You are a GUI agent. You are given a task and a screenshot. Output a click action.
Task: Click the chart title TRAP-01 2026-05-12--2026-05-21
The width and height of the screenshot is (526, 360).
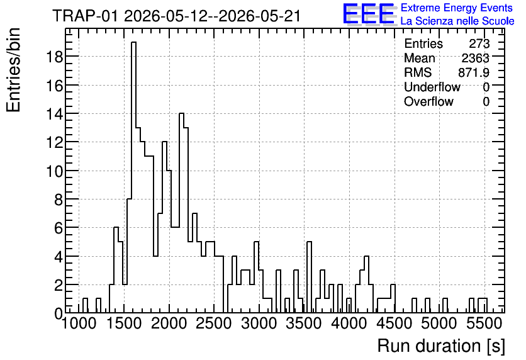click(x=176, y=16)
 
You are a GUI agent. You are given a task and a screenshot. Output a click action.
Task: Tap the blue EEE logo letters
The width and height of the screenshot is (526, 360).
click(x=369, y=14)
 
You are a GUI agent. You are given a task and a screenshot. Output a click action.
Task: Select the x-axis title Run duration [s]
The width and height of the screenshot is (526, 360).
click(x=441, y=346)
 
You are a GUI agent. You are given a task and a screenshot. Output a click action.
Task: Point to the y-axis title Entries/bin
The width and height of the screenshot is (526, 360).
click(x=13, y=70)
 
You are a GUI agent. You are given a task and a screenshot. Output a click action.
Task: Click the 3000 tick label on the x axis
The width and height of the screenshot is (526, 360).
click(x=259, y=323)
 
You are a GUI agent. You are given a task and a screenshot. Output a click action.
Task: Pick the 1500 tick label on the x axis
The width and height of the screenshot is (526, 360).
click(x=124, y=323)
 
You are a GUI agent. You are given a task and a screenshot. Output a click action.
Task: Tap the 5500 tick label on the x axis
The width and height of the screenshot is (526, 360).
click(x=483, y=323)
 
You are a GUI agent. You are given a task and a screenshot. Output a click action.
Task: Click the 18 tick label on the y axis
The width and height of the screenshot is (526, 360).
click(x=53, y=57)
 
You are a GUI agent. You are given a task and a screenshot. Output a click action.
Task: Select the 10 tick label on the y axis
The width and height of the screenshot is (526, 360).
click(x=53, y=171)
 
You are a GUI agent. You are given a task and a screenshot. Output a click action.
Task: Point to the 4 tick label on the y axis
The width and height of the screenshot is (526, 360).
click(x=59, y=256)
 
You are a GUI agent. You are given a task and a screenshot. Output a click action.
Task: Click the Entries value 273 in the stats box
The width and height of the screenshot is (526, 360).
click(x=479, y=43)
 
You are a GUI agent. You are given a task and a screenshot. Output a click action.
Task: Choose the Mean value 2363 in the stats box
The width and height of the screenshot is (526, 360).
click(x=475, y=58)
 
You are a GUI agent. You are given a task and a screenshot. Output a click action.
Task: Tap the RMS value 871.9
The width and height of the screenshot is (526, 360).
click(x=473, y=72)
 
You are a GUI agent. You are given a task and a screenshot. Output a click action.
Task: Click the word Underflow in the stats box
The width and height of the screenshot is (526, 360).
click(x=432, y=87)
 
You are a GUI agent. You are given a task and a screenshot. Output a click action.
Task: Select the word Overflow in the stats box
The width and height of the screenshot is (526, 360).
click(x=428, y=101)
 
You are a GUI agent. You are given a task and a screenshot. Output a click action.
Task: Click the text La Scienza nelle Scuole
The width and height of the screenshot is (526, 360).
click(x=457, y=21)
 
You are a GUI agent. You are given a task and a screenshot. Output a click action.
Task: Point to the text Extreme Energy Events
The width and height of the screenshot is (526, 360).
click(x=457, y=8)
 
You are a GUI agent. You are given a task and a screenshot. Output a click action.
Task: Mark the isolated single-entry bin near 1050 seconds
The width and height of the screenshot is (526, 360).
click(x=85, y=306)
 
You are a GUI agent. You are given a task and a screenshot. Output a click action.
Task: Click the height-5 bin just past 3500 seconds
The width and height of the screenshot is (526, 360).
click(x=310, y=277)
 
